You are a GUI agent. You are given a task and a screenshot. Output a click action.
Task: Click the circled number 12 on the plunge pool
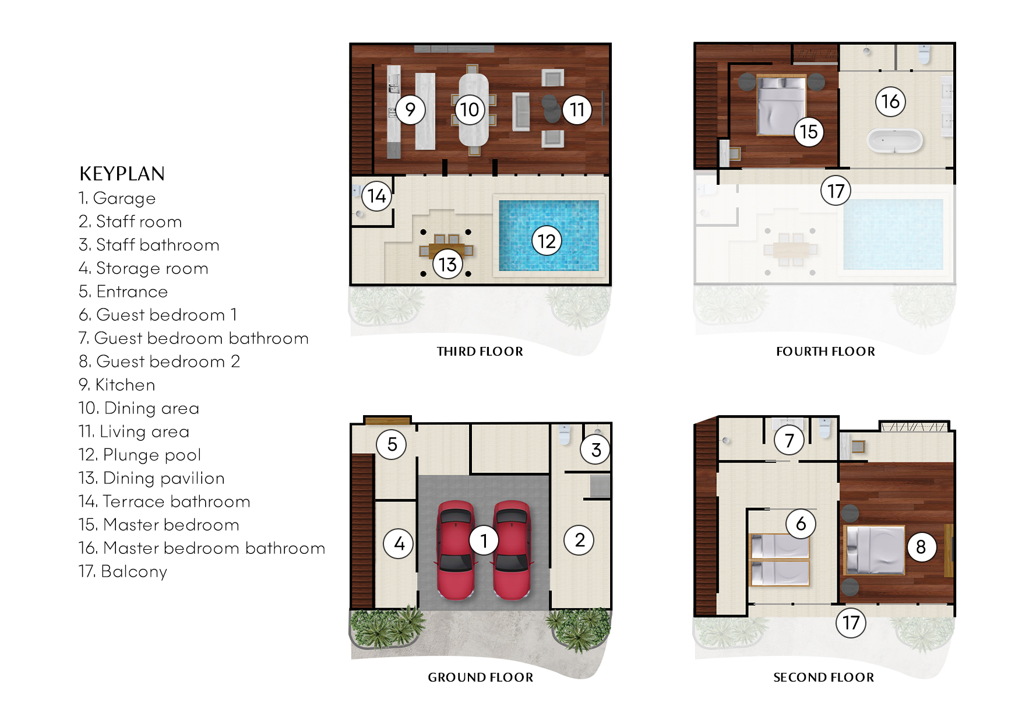(547, 241)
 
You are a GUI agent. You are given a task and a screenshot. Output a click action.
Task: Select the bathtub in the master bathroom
(894, 141)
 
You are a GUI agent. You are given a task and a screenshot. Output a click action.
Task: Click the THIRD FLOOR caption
(480, 352)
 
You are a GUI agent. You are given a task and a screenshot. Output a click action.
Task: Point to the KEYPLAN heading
(122, 174)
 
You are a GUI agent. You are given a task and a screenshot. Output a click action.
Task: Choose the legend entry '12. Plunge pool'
(140, 455)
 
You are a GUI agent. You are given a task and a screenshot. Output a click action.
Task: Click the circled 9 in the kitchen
(410, 110)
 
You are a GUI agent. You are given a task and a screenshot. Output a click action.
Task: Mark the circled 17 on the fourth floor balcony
(836, 191)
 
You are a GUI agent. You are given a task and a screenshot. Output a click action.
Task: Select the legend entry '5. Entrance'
(124, 292)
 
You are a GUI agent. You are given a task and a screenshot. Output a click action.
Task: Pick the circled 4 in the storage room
(399, 543)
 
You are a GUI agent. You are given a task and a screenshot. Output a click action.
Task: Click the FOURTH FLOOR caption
(825, 352)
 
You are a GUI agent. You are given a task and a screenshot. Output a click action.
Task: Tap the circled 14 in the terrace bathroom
(376, 196)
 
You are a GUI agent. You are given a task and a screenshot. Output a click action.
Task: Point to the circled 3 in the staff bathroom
(595, 450)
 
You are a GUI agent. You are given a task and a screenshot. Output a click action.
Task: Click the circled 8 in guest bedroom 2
(921, 547)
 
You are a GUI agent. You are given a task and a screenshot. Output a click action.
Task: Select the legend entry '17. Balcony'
(123, 571)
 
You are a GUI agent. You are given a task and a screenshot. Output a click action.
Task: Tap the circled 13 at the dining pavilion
(447, 264)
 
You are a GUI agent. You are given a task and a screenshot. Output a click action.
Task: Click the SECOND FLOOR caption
(823, 678)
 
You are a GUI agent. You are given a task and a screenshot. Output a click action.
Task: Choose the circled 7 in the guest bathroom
(789, 440)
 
